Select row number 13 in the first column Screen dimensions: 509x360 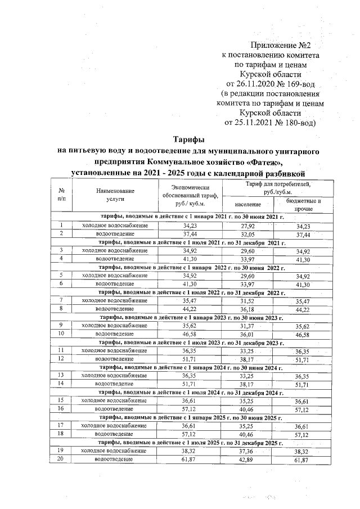point(61,375)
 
